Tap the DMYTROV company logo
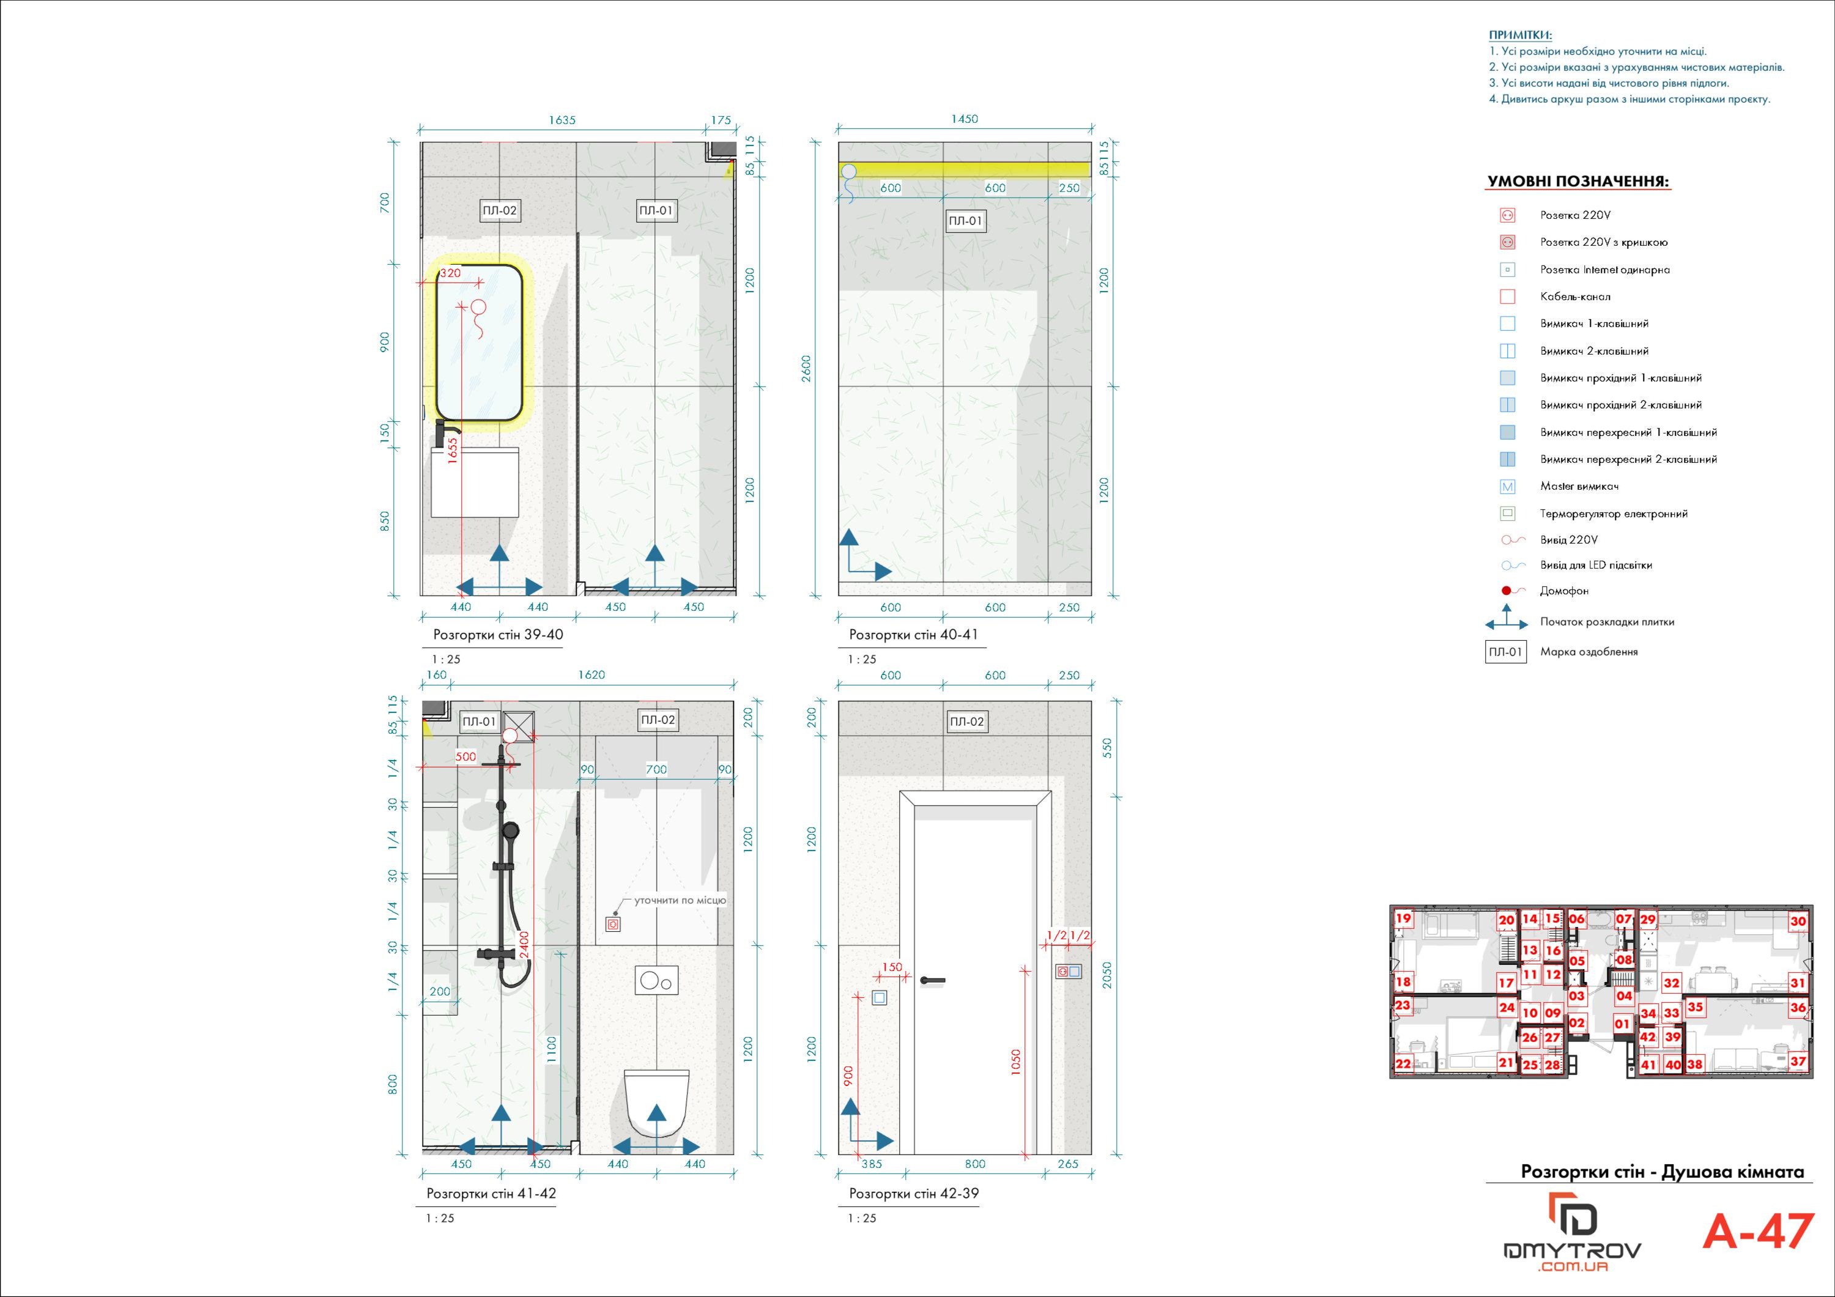[x=1573, y=1232]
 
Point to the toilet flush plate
[x=657, y=980]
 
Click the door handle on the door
[x=932, y=980]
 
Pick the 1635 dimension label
[x=562, y=120]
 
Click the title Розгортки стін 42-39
[x=913, y=1193]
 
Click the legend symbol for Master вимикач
[x=1507, y=487]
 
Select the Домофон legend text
[x=1564, y=591]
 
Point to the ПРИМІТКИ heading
[x=1520, y=35]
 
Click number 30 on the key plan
[x=1798, y=920]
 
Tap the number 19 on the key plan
[x=1403, y=918]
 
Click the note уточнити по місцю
[x=680, y=901]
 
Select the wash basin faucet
[x=446, y=434]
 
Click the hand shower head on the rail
[x=509, y=831]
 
